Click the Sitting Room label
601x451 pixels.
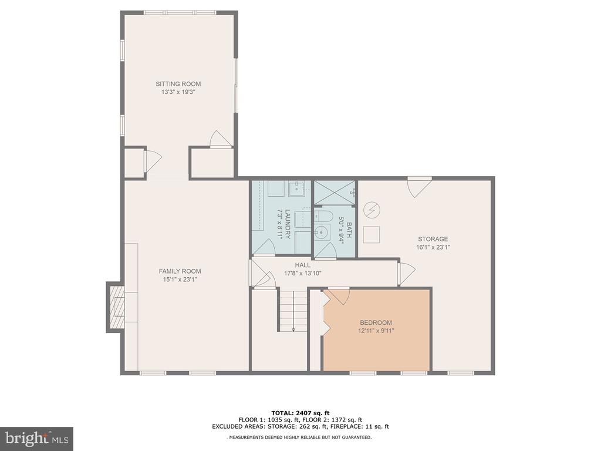click(x=178, y=83)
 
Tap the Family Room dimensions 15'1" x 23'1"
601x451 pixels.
click(x=180, y=280)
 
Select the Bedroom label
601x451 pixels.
click(x=376, y=322)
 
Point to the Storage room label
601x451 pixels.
click(x=433, y=239)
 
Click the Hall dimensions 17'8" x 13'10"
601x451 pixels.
click(x=302, y=274)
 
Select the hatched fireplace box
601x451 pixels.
click(x=117, y=307)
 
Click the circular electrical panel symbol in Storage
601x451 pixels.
click(x=372, y=210)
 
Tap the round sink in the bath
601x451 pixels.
click(x=322, y=231)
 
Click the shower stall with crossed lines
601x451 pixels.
click(x=335, y=193)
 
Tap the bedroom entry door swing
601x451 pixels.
click(x=337, y=296)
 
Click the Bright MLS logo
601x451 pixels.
click(x=37, y=438)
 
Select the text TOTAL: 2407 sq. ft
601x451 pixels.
click(x=300, y=413)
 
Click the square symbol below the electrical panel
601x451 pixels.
click(x=372, y=234)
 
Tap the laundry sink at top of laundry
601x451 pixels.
click(x=296, y=189)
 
